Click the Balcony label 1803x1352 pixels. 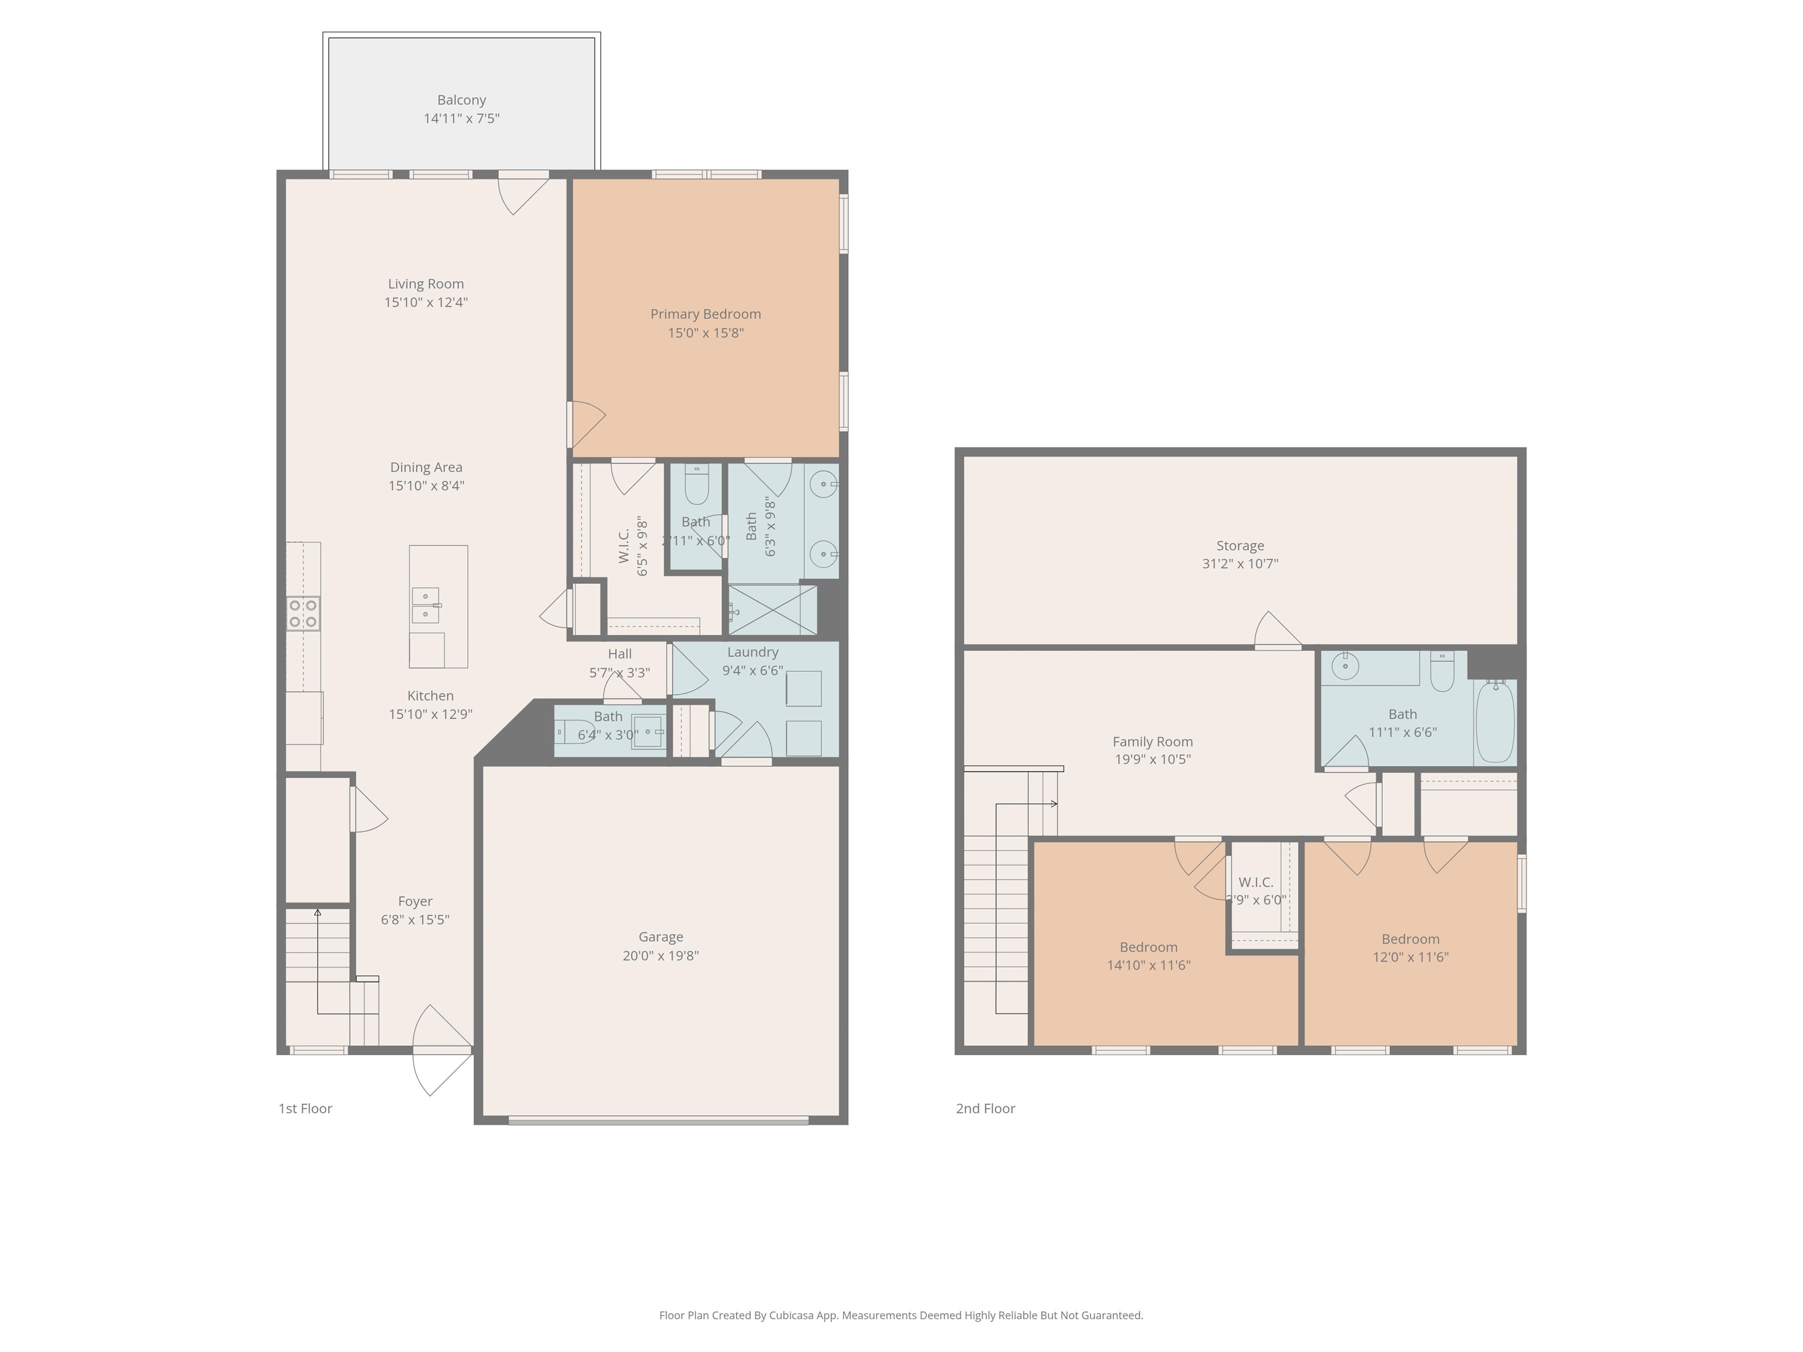coord(461,100)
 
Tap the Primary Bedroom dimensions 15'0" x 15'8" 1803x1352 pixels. coord(706,333)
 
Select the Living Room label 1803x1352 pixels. coord(426,283)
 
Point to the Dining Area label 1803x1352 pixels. coord(426,467)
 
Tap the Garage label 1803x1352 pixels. coord(660,937)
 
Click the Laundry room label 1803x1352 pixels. coord(752,652)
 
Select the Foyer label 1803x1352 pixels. coord(415,901)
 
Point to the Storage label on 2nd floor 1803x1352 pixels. coord(1240,546)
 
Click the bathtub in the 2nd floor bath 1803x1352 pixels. coord(1495,721)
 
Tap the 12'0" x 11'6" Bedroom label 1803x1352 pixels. coord(1410,939)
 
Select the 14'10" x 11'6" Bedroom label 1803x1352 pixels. coord(1149,947)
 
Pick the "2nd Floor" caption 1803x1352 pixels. coord(985,1108)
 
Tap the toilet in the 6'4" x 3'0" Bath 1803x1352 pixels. coord(575,732)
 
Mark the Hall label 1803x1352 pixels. coord(619,654)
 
